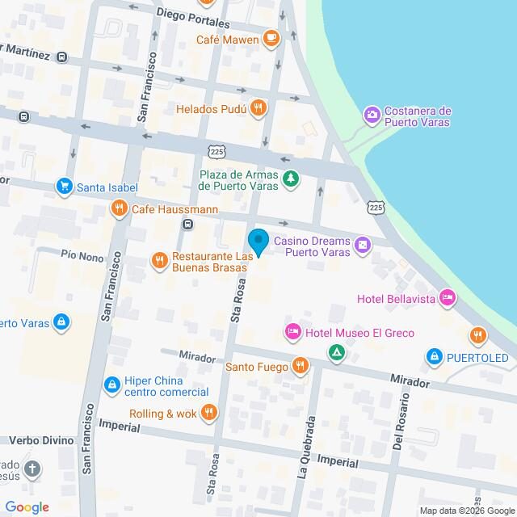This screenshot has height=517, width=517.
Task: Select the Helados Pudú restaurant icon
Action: (x=258, y=107)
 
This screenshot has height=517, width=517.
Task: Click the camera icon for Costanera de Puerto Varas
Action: (x=372, y=115)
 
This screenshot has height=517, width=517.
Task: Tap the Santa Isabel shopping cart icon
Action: (x=63, y=187)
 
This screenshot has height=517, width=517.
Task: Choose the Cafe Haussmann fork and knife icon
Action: (x=119, y=209)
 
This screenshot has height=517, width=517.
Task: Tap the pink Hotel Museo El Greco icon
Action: (x=293, y=331)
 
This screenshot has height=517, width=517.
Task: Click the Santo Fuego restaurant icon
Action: (x=300, y=366)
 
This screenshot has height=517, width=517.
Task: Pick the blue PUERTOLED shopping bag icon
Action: (x=435, y=356)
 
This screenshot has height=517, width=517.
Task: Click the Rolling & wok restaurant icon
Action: (x=208, y=414)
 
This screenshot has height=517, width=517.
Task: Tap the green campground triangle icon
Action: (x=336, y=352)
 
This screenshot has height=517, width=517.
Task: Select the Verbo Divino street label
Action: (x=38, y=440)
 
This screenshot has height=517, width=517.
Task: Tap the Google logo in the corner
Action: (x=26, y=506)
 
